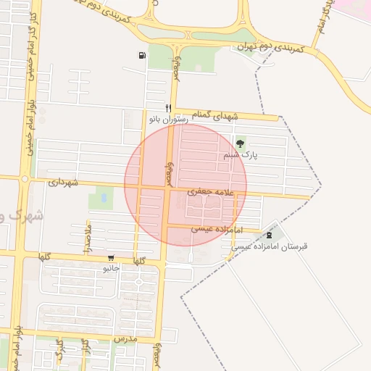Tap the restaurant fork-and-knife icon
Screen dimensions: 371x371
click(x=168, y=107)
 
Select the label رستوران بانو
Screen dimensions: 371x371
click(x=168, y=118)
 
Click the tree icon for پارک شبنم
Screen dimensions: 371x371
click(x=240, y=143)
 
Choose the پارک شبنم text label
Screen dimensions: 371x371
click(x=241, y=154)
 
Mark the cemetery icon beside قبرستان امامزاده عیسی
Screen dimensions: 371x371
click(x=270, y=234)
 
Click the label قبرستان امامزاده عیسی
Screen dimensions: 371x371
click(x=270, y=246)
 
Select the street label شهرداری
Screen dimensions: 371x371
click(x=62, y=183)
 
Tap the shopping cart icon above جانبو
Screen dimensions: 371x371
click(x=111, y=257)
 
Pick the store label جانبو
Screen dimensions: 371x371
click(x=111, y=268)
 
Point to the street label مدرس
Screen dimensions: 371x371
click(x=125, y=338)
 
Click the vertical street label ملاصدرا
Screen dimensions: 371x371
click(x=88, y=237)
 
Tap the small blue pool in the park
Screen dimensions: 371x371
click(x=103, y=196)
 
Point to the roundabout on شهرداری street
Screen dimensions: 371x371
click(x=24, y=178)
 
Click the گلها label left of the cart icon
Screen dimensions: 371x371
click(x=44, y=257)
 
